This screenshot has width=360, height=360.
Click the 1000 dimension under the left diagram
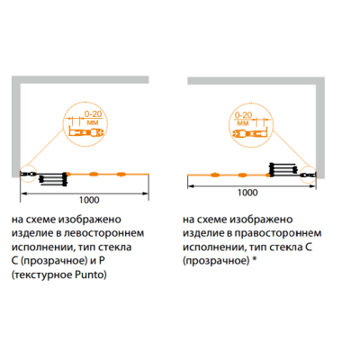(89, 200)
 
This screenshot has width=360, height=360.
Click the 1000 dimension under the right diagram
(247, 193)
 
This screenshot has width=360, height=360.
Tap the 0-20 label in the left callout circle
(93, 114)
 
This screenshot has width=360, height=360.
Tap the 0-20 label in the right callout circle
(243, 115)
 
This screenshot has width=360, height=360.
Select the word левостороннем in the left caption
(104, 233)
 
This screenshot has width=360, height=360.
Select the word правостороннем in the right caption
(278, 233)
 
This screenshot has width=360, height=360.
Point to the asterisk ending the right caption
(254, 260)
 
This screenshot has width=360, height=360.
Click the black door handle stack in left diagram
(53, 179)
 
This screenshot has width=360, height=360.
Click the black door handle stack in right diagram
(283, 169)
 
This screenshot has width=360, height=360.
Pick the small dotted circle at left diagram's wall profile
(28, 174)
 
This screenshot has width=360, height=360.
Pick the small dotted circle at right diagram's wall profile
(309, 174)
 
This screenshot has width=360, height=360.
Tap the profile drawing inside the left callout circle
(86, 132)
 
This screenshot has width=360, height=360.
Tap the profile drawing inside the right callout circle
(250, 133)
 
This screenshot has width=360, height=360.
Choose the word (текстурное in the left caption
(38, 274)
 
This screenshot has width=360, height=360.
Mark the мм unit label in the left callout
(94, 122)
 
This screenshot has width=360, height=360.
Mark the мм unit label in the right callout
(243, 123)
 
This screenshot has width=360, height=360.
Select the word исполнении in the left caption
(43, 247)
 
